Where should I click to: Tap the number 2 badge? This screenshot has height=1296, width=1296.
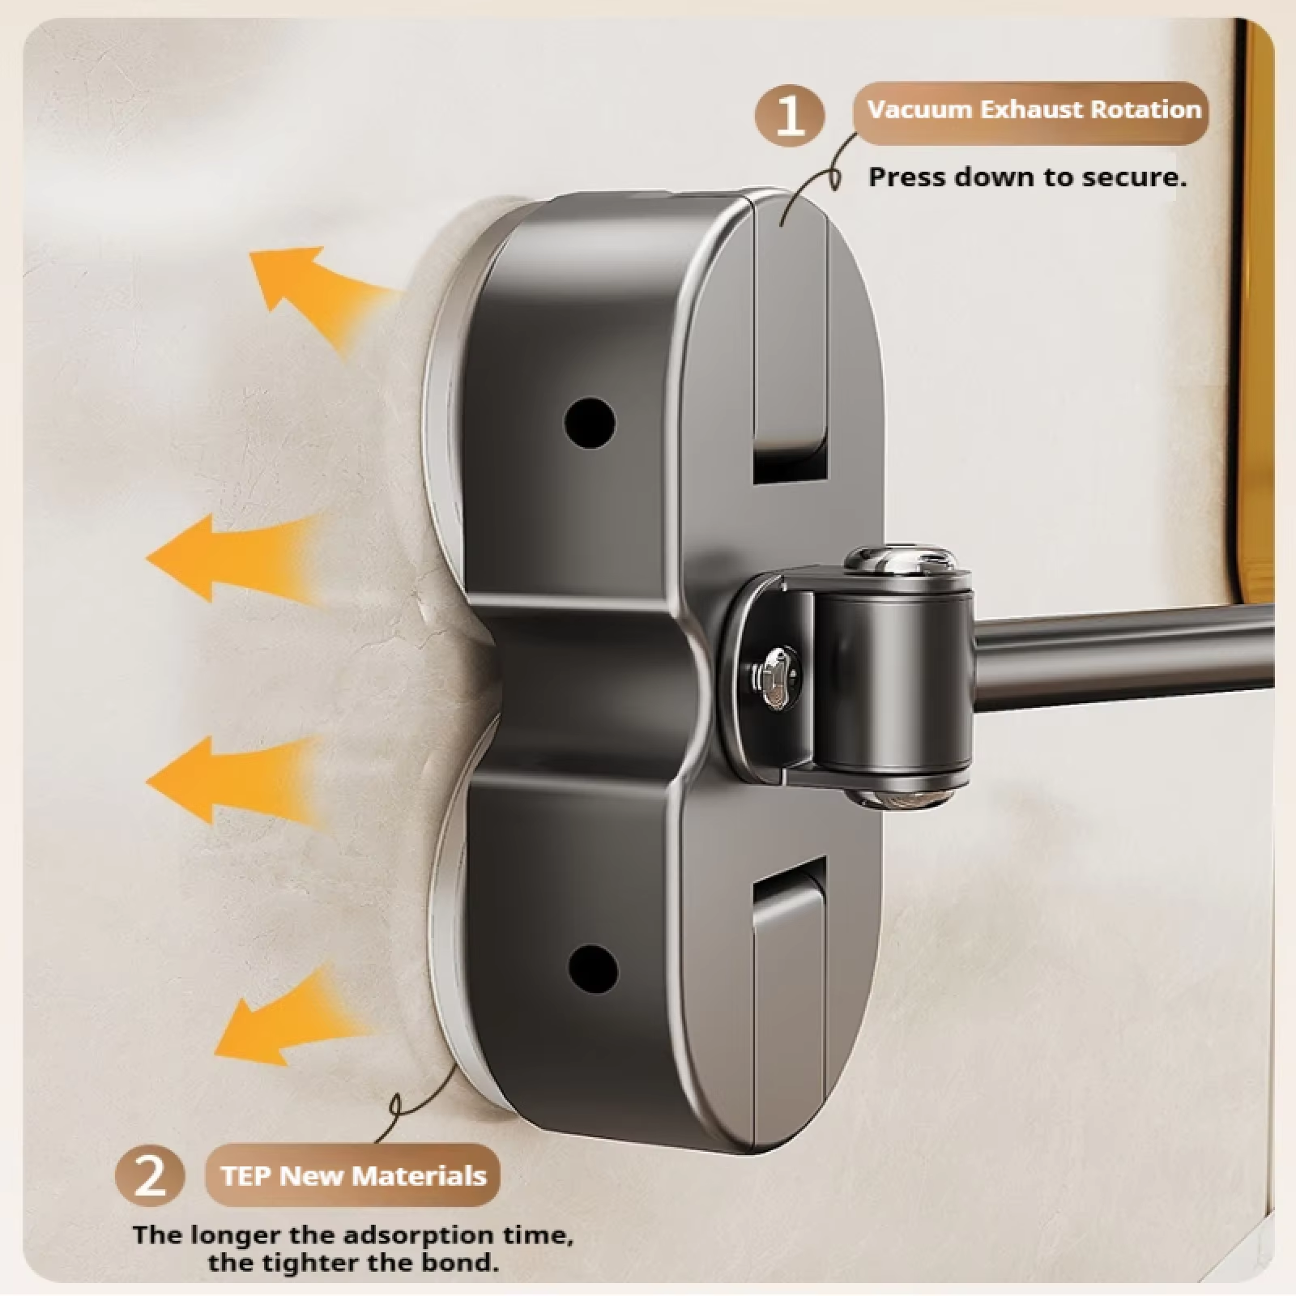[150, 1175]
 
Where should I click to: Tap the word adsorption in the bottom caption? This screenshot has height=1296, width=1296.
[419, 1235]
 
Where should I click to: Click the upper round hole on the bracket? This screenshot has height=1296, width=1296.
[590, 422]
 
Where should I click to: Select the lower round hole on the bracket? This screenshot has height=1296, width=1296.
[593, 970]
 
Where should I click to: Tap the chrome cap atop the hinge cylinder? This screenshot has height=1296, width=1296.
[900, 560]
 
